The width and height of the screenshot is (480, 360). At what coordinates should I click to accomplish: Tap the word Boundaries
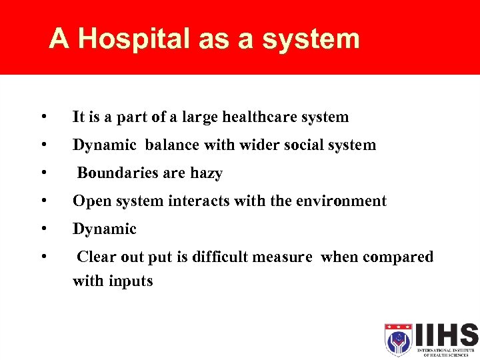[117, 173]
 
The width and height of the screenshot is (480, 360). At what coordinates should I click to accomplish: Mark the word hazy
[206, 173]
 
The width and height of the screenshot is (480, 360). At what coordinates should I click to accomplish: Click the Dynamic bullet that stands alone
[104, 229]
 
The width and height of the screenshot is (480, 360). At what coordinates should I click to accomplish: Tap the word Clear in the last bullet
[96, 257]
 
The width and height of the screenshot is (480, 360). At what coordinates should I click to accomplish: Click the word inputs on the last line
[131, 281]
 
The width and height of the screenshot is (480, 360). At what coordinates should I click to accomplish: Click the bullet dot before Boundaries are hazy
[43, 173]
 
